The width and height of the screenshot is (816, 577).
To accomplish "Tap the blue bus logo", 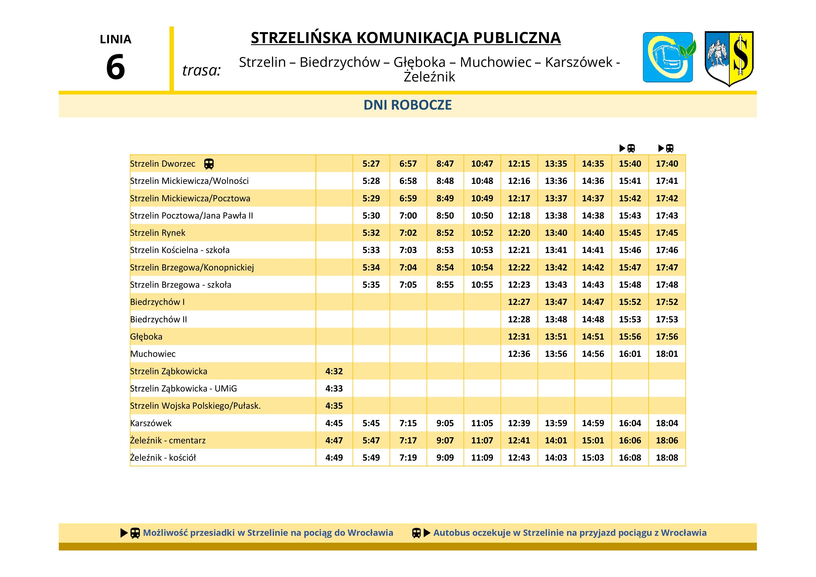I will [x=668, y=57].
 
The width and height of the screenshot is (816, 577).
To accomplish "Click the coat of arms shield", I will [x=729, y=58].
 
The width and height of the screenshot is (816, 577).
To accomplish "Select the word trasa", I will [x=201, y=70].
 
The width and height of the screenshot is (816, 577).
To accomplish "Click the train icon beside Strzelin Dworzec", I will [x=209, y=164].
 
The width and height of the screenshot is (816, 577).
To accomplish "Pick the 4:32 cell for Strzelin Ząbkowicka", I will [x=334, y=371].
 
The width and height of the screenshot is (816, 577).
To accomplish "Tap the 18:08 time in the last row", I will [x=667, y=458].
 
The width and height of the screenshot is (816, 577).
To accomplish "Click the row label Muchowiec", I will [x=153, y=354].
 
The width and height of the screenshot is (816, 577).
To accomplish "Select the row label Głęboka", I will [x=146, y=337].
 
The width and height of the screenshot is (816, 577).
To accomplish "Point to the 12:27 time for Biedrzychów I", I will [x=519, y=302].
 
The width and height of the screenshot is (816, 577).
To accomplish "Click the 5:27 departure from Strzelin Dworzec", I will [x=371, y=164].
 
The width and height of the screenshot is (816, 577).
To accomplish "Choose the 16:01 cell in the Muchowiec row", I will [x=630, y=354].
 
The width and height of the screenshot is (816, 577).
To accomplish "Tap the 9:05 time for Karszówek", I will [x=445, y=423].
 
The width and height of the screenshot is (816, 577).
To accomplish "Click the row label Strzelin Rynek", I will [x=158, y=233].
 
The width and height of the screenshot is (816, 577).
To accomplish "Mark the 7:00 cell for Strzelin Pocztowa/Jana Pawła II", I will [x=408, y=216].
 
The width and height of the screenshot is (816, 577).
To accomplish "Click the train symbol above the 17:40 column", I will [x=670, y=148].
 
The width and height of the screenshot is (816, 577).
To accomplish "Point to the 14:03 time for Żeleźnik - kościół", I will [x=556, y=458].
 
